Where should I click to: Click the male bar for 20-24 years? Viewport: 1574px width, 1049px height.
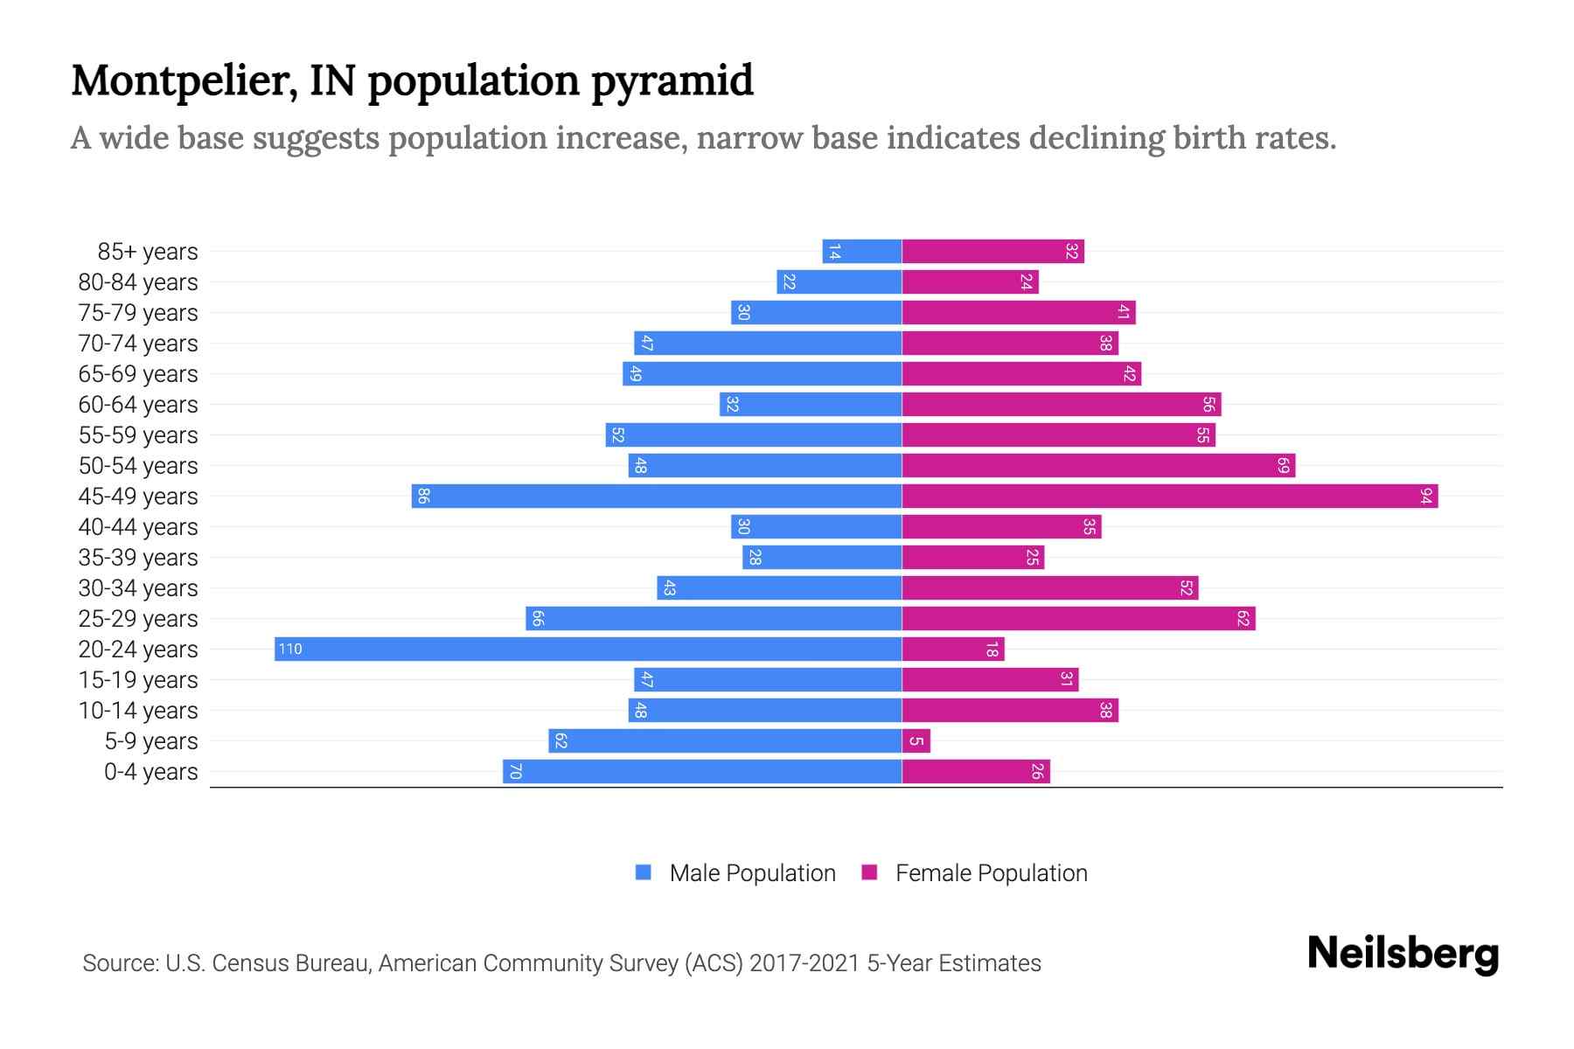(588, 649)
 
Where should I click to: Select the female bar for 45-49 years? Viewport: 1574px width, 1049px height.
(1169, 496)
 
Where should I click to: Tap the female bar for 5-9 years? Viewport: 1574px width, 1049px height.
(916, 740)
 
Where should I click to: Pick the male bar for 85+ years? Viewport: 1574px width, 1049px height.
(861, 251)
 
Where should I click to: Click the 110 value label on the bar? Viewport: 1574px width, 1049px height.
(290, 649)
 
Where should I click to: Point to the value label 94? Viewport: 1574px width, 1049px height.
(1426, 496)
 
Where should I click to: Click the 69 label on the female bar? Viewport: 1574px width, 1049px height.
(1283, 465)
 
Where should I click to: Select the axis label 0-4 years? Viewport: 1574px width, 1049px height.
(151, 772)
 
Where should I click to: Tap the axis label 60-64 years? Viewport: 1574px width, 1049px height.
(138, 405)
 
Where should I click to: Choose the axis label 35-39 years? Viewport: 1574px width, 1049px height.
(138, 558)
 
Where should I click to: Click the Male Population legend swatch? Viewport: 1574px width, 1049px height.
(644, 872)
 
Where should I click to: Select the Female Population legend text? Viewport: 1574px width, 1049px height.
(991, 872)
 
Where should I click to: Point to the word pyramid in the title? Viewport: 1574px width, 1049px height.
(672, 80)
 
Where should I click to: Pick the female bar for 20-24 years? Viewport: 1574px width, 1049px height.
(953, 649)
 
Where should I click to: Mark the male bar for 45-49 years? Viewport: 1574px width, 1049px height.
(656, 496)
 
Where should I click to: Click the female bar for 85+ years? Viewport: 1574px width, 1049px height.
(992, 251)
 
